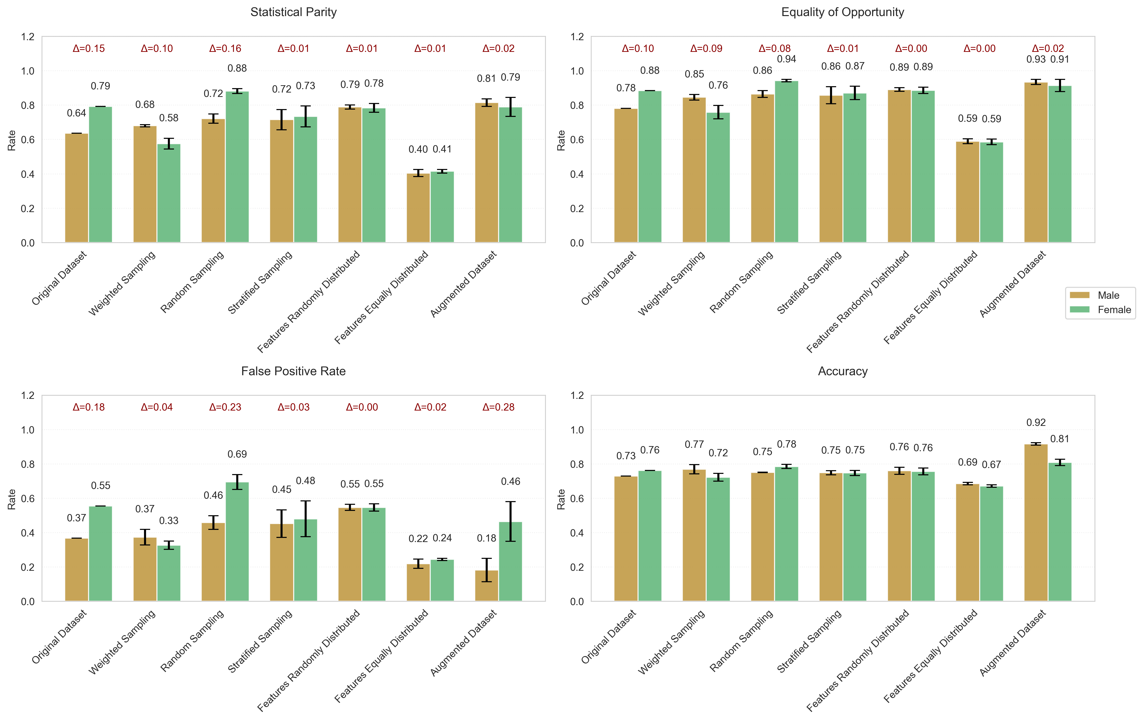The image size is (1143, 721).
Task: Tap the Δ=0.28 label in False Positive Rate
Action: (498, 407)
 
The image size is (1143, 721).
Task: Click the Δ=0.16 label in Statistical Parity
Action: (225, 48)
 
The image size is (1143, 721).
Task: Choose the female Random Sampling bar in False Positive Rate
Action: (237, 542)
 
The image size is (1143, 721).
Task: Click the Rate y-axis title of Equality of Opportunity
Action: (561, 140)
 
